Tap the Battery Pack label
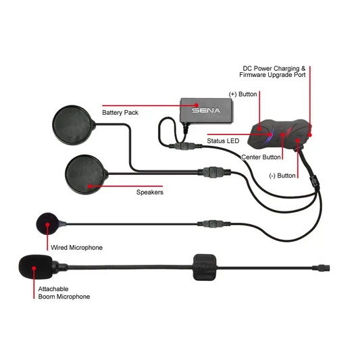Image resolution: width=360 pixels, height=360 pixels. point(120,113)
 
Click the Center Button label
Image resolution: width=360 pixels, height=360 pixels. point(261,157)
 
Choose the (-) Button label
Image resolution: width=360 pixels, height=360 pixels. point(281,176)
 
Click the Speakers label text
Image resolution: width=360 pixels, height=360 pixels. point(150,192)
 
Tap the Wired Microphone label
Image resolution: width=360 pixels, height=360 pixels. point(77,248)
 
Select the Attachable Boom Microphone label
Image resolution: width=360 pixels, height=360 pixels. point(63,292)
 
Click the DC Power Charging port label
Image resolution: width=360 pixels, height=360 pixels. point(275,72)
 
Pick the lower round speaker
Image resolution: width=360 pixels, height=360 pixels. point(86,171)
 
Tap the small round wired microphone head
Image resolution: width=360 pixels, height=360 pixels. point(47,222)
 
